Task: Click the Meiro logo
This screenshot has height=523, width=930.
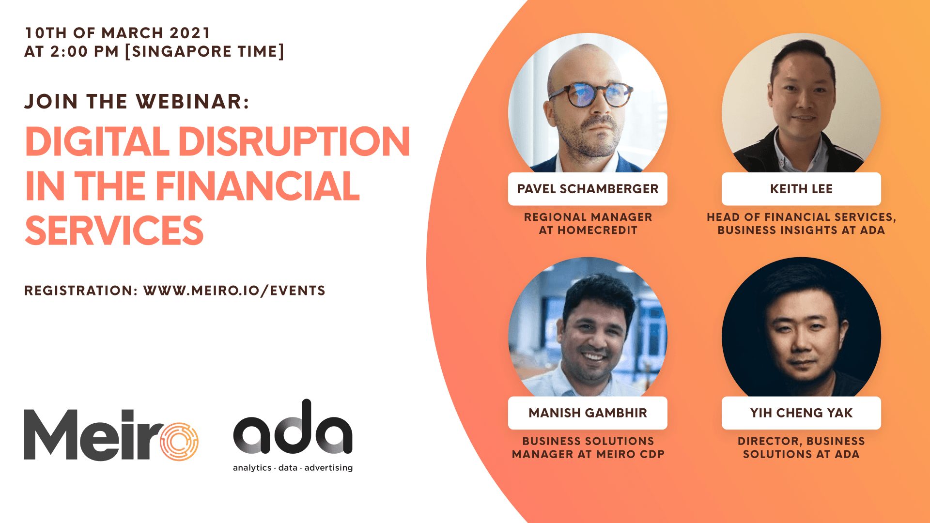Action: tap(111, 434)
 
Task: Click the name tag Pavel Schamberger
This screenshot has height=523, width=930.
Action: tap(588, 189)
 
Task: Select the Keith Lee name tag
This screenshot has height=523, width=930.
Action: tap(801, 189)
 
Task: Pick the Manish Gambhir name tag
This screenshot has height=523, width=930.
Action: tap(588, 413)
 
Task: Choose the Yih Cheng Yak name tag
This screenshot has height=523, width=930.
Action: tap(801, 413)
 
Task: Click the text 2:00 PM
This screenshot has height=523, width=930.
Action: tap(84, 51)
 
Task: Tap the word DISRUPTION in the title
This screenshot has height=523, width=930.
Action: tap(294, 141)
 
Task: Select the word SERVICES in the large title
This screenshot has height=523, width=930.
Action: tap(114, 231)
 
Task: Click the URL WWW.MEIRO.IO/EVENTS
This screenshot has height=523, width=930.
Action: tap(234, 291)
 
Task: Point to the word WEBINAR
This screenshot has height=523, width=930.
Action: tap(192, 102)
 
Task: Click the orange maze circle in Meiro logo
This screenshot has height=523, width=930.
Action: tap(179, 441)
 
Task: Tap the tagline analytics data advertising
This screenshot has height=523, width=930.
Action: tap(293, 468)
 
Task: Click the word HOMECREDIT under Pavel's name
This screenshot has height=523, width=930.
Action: tap(597, 231)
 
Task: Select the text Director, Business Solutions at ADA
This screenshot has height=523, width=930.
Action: tap(801, 447)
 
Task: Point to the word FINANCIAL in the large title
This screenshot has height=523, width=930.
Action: tap(257, 186)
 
